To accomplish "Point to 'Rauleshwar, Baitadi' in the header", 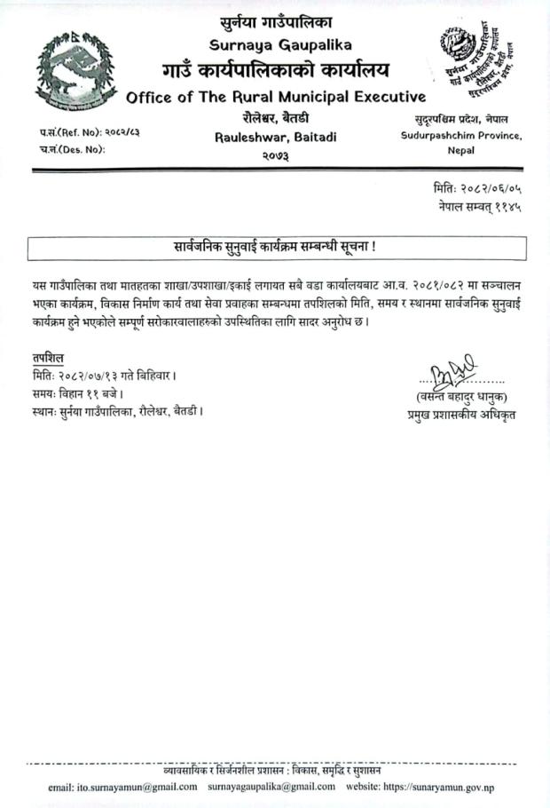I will (x=275, y=137).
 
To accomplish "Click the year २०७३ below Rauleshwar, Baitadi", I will (x=276, y=155).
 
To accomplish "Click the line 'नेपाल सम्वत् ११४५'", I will (x=478, y=206).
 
